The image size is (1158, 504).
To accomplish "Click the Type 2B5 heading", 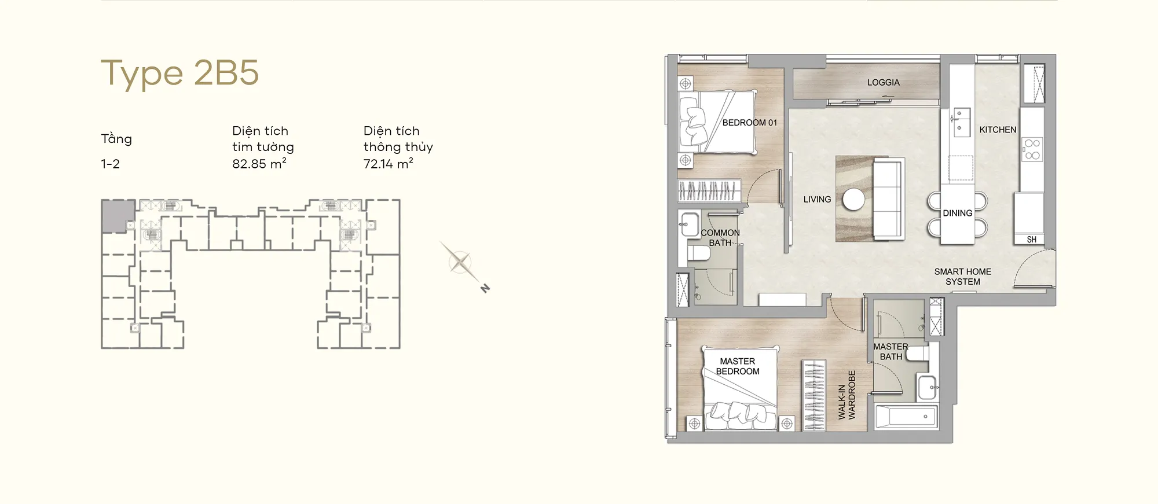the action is (x=179, y=73).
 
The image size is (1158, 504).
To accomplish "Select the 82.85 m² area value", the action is (x=259, y=164).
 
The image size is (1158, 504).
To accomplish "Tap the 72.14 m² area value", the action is (x=389, y=164).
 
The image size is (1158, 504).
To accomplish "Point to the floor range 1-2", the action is (x=110, y=164).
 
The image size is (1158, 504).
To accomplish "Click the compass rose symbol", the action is (x=461, y=263).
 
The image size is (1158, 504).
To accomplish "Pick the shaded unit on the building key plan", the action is (x=118, y=216).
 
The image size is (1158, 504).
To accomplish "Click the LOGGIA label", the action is (x=884, y=83).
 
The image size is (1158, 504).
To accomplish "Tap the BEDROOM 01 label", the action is (x=750, y=123).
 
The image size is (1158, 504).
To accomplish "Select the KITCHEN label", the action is (x=998, y=130).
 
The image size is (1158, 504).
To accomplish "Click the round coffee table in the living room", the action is (x=853, y=200).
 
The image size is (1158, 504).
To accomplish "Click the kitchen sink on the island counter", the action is (x=962, y=122).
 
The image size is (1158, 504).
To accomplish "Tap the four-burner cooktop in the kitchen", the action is (x=1032, y=149).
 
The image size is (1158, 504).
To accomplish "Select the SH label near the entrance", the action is (x=1032, y=240).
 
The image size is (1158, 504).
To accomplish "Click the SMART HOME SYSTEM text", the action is (x=963, y=277).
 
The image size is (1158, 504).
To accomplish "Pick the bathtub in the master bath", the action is (x=907, y=417).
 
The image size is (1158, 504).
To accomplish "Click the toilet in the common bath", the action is (x=699, y=253).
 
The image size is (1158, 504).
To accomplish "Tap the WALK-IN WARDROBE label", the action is (x=846, y=395).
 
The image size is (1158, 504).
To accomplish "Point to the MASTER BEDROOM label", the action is (x=738, y=366).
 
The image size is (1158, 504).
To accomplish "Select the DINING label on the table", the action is (x=958, y=213).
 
